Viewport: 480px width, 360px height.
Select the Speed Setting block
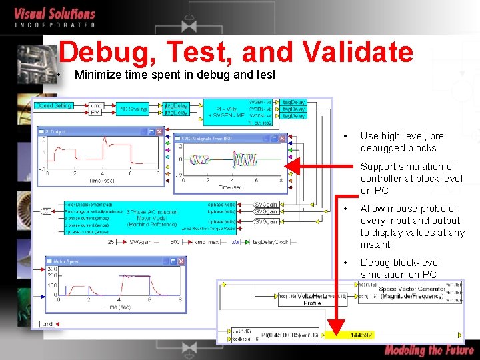(54, 105)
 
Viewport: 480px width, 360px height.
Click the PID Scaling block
(133, 109)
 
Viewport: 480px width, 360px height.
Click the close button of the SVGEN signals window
(281, 139)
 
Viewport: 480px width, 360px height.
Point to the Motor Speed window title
(66, 262)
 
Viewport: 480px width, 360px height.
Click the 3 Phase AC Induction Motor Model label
(153, 217)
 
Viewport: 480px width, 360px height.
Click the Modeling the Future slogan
(428, 350)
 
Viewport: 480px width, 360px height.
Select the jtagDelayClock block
(271, 242)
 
